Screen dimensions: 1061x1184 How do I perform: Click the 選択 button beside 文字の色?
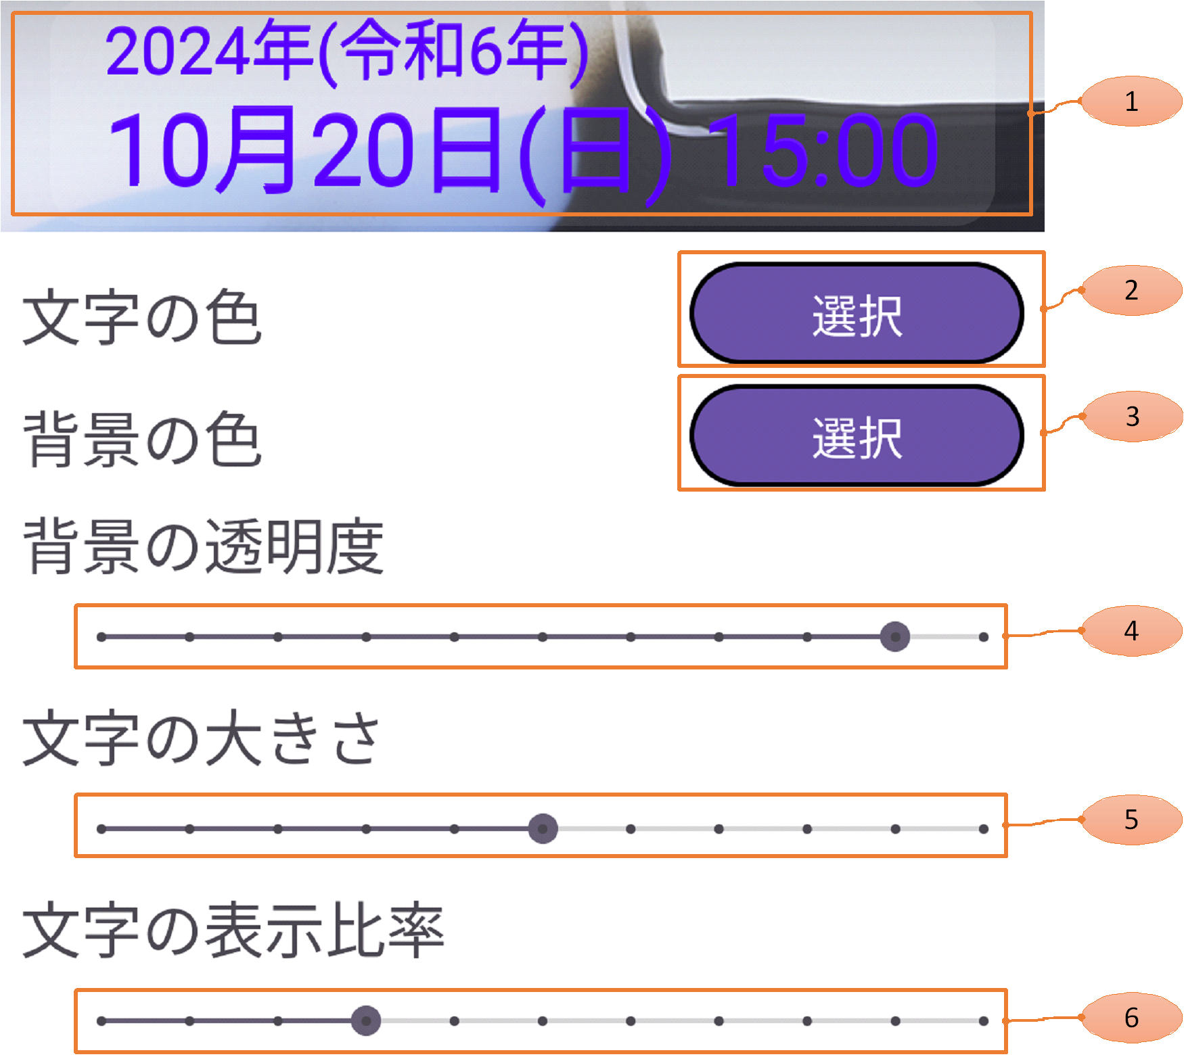click(x=857, y=314)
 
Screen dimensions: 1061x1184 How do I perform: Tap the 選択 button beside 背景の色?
click(x=857, y=436)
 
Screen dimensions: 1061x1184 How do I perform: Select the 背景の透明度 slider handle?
click(x=894, y=636)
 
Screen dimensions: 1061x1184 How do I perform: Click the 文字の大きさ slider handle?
click(x=543, y=828)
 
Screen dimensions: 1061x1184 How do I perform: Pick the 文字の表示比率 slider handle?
click(x=366, y=1020)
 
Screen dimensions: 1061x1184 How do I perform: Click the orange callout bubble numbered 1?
click(x=1131, y=101)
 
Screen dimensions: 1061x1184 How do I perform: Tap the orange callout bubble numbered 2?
click(x=1131, y=290)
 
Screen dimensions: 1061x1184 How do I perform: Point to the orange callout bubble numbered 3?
click(x=1132, y=417)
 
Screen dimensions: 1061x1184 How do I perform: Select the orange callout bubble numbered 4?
click(x=1131, y=631)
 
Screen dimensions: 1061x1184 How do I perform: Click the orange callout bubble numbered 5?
click(x=1131, y=820)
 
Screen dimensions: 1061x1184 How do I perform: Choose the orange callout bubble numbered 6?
click(x=1131, y=1018)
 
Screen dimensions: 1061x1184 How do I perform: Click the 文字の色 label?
click(x=142, y=317)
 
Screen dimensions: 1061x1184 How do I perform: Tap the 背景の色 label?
click(x=142, y=440)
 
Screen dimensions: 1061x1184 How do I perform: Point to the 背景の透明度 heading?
click(x=203, y=546)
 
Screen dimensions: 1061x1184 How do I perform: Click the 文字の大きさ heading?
click(x=202, y=738)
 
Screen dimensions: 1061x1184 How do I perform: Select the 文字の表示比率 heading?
click(x=233, y=930)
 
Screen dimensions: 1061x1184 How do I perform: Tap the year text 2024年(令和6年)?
click(x=346, y=51)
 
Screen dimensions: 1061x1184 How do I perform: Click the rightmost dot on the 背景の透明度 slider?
click(x=983, y=637)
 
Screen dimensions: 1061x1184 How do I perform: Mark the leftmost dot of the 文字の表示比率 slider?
click(x=101, y=1021)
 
